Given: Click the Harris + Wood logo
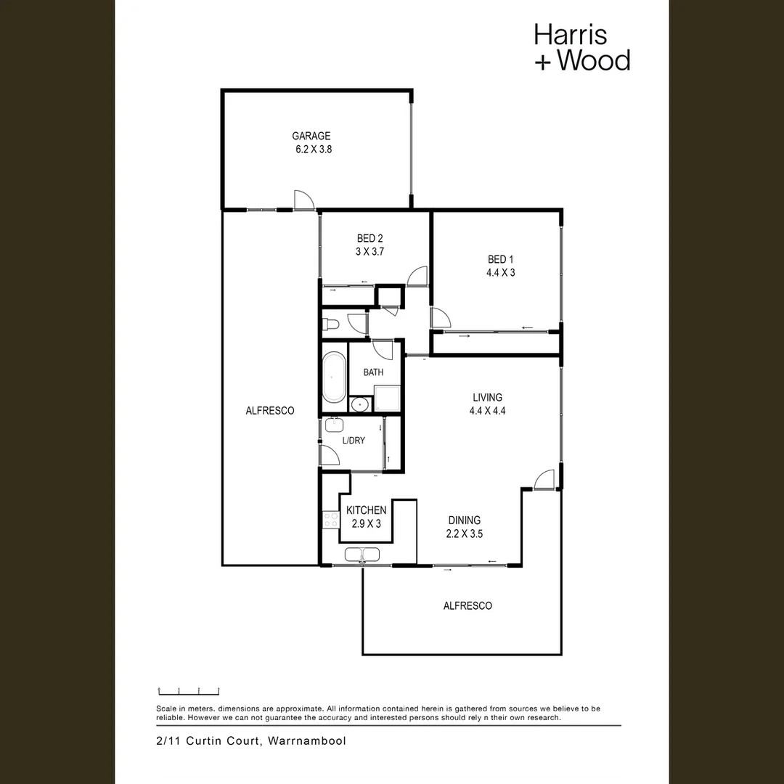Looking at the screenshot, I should (x=581, y=47).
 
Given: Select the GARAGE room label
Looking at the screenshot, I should (x=311, y=136).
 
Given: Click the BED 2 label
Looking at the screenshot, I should (x=369, y=239).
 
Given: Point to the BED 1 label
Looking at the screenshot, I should (x=501, y=259).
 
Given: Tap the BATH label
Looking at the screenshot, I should (x=373, y=372).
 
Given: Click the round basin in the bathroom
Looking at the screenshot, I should (x=358, y=404).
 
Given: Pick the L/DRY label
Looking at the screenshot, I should (x=354, y=441).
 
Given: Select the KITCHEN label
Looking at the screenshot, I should (x=366, y=510).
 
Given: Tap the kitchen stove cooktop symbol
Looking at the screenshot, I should (x=330, y=519).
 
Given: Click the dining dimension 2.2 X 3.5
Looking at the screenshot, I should (x=465, y=534).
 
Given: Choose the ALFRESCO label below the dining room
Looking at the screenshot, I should (x=467, y=605).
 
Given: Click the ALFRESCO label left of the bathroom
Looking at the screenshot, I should (x=270, y=411).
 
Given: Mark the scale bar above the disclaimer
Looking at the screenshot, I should (x=189, y=691).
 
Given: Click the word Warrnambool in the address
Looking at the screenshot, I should (x=307, y=741).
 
